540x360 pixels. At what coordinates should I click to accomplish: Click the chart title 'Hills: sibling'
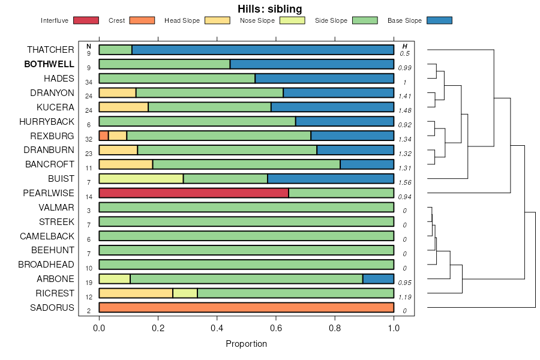[269, 9]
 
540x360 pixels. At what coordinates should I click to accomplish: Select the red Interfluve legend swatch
[86, 20]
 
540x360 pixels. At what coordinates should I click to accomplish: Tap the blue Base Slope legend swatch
[439, 20]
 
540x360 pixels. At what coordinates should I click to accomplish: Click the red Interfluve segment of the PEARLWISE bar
[193, 193]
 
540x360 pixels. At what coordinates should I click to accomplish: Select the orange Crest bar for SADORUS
[246, 308]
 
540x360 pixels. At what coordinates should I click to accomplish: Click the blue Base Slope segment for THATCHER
[263, 50]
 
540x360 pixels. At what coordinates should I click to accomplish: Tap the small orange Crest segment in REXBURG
[104, 136]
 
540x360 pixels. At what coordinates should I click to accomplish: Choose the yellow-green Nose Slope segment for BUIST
[141, 179]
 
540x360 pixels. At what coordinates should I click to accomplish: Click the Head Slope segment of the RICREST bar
[136, 293]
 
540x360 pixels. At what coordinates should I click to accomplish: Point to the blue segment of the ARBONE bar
[378, 279]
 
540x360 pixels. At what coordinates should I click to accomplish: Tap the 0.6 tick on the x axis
[276, 328]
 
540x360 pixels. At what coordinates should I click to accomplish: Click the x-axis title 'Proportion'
[246, 344]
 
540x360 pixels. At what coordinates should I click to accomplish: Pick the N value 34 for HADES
[89, 82]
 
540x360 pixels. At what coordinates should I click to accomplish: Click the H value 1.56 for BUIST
[404, 182]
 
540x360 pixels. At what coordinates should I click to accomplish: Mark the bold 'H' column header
[405, 46]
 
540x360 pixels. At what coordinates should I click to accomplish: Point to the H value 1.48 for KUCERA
[404, 111]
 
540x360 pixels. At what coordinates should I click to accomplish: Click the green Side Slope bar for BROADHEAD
[246, 265]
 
